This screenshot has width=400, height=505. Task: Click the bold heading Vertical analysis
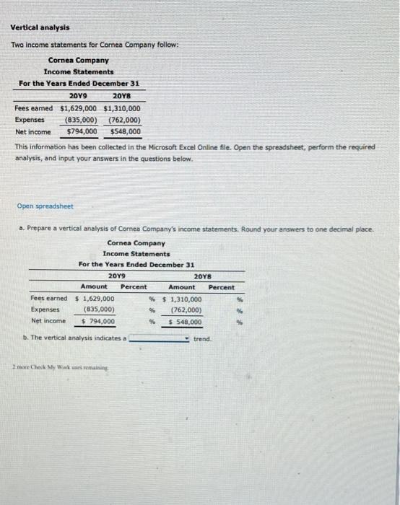[x=40, y=27]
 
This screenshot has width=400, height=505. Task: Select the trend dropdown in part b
[x=160, y=338]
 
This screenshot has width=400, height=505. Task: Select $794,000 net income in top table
[x=82, y=132]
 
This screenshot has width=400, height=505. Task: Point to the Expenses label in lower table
[x=45, y=309]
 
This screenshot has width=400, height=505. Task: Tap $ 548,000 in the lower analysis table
[x=185, y=322]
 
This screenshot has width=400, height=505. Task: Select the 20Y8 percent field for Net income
[x=221, y=322]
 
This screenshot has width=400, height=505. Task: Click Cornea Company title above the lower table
[x=136, y=243]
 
